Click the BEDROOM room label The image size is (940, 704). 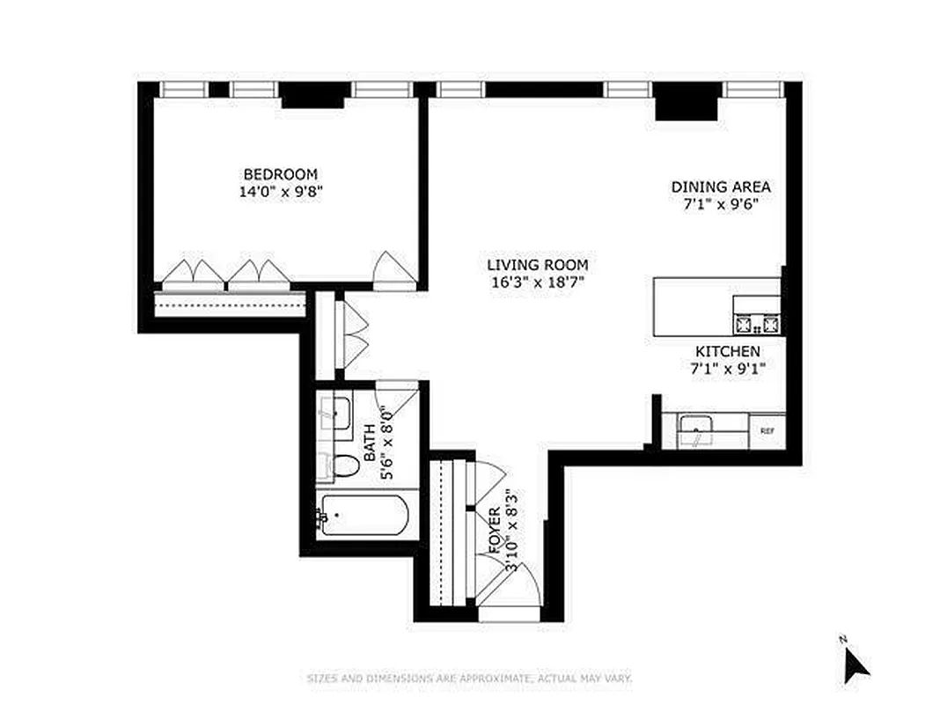click(281, 174)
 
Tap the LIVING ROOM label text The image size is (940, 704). click(537, 265)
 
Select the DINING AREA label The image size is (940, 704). click(721, 187)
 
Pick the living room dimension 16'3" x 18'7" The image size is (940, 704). click(537, 282)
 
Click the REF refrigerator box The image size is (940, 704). click(767, 431)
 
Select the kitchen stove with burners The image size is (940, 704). click(757, 325)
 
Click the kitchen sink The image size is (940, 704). click(696, 431)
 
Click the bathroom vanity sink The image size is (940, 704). click(335, 412)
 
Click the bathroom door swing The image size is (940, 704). click(393, 400)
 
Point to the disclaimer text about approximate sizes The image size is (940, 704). click(469, 678)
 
